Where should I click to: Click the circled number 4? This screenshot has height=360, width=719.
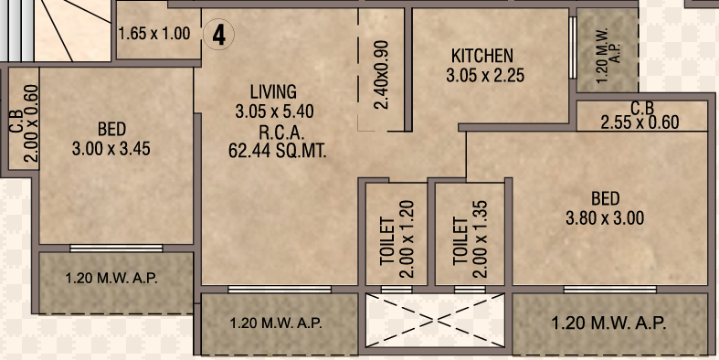pyautogui.click(x=218, y=35)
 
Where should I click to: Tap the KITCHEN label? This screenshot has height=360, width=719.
pyautogui.click(x=482, y=56)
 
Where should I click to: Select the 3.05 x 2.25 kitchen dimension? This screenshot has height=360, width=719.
pyautogui.click(x=485, y=75)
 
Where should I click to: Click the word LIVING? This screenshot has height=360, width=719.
pyautogui.click(x=273, y=91)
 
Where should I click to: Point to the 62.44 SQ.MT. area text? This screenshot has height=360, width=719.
pyautogui.click(x=278, y=151)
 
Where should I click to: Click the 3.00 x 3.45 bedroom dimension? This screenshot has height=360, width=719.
pyautogui.click(x=111, y=149)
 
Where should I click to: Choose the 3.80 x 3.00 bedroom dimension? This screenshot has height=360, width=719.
pyautogui.click(x=605, y=217)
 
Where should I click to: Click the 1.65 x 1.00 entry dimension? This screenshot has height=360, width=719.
pyautogui.click(x=154, y=34)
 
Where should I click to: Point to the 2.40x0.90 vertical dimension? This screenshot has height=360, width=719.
pyautogui.click(x=381, y=75)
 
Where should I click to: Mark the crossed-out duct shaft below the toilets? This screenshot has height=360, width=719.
pyautogui.click(x=435, y=320)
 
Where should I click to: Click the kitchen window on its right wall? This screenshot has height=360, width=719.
pyautogui.click(x=572, y=48)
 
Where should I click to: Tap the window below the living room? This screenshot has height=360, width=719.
pyautogui.click(x=280, y=290)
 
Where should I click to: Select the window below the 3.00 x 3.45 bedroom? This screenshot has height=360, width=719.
pyautogui.click(x=116, y=249)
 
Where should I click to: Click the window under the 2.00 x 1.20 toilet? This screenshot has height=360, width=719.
pyautogui.click(x=397, y=290)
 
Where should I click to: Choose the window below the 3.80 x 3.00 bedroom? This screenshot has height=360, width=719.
pyautogui.click(x=610, y=290)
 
